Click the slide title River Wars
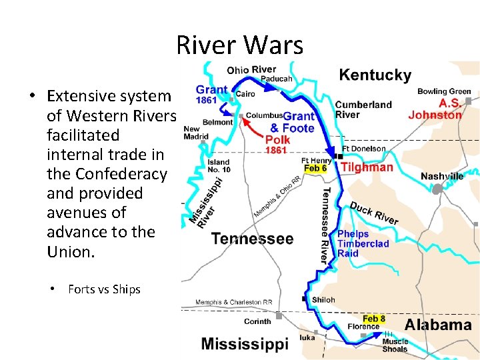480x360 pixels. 239,45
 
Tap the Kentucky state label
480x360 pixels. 375,75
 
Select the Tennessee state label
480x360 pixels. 252,239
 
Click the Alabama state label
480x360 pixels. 438,325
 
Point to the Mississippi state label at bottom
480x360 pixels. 245,344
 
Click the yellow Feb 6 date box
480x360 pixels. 315,169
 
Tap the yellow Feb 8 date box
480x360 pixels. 374,319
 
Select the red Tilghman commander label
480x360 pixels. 367,167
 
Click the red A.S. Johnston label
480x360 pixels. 435,109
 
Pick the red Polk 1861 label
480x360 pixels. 277,144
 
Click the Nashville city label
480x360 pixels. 442,177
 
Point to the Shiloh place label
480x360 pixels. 323,300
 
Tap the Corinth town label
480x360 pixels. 257,321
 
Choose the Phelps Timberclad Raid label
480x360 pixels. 363,243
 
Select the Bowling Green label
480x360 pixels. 444,91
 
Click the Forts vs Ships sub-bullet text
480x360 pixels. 104,289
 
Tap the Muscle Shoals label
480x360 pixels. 395,345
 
